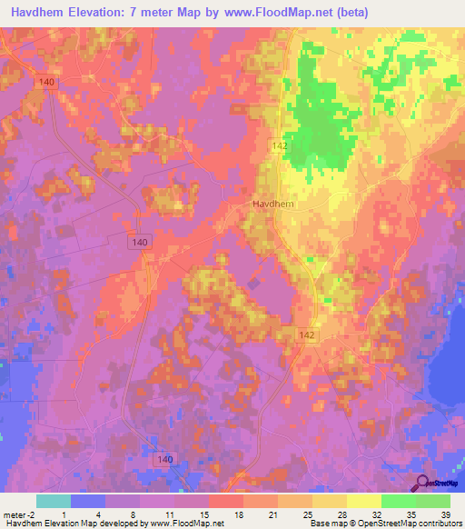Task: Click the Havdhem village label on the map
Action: [270, 205]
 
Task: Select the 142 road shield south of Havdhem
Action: [307, 335]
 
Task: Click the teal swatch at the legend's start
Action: [53, 501]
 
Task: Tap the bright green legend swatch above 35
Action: [398, 501]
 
